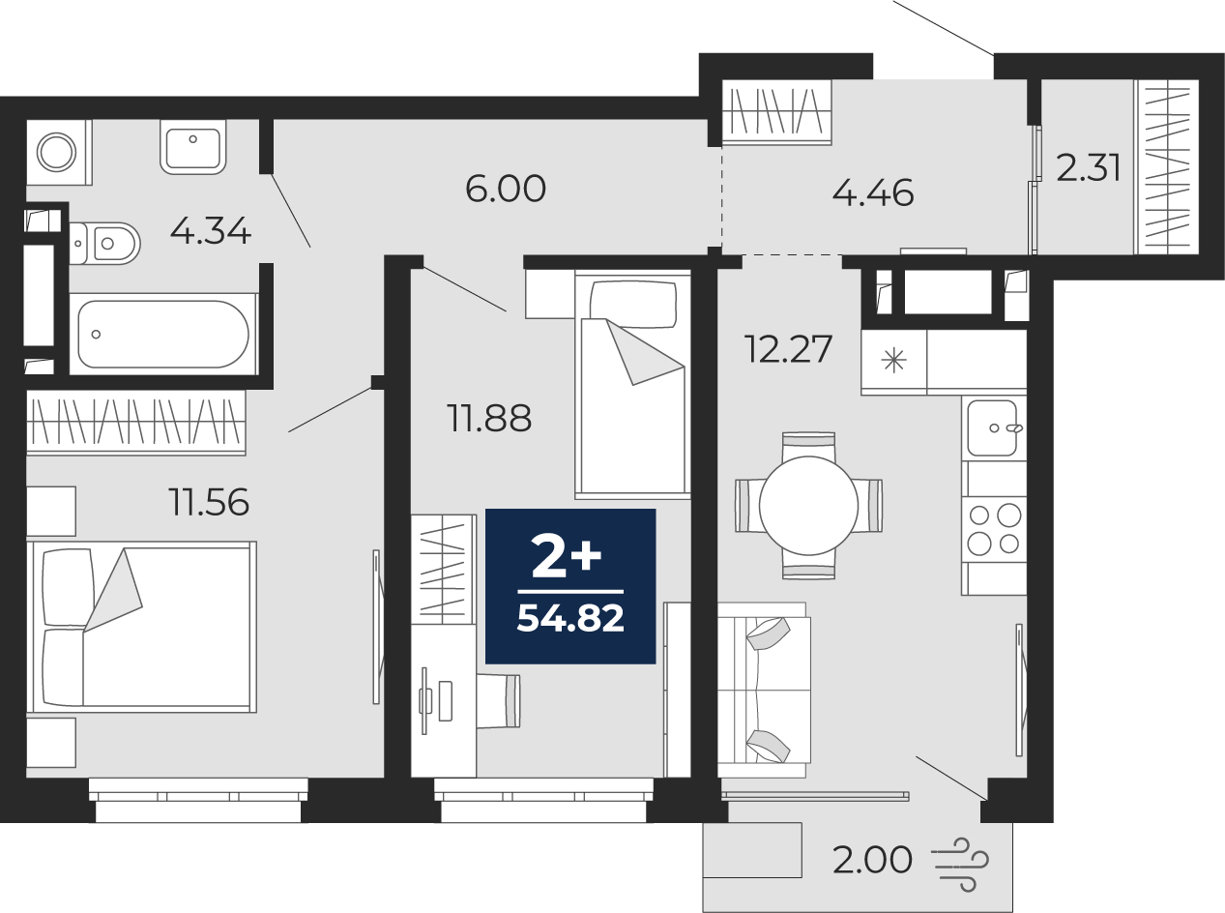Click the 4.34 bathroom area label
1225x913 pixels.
point(211,231)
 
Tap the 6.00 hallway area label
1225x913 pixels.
point(506,189)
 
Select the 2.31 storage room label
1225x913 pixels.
point(1088,168)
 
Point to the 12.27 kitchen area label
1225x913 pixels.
point(788,349)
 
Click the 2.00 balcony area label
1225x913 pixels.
point(872,861)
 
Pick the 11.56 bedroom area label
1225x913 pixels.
point(209,502)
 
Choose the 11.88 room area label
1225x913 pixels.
point(489,418)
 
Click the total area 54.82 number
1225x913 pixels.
point(570,617)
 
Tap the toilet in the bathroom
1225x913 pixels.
point(105,243)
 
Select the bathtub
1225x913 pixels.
point(163,335)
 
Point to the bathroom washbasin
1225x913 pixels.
point(192,146)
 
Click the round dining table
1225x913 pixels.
point(808,505)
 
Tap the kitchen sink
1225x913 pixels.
point(993,428)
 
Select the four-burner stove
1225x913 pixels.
point(994,529)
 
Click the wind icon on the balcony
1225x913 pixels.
point(960,865)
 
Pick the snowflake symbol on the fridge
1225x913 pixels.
point(893,362)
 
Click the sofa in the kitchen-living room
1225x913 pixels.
point(765,690)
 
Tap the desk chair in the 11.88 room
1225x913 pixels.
point(498,701)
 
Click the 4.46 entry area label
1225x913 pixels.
point(873,193)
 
